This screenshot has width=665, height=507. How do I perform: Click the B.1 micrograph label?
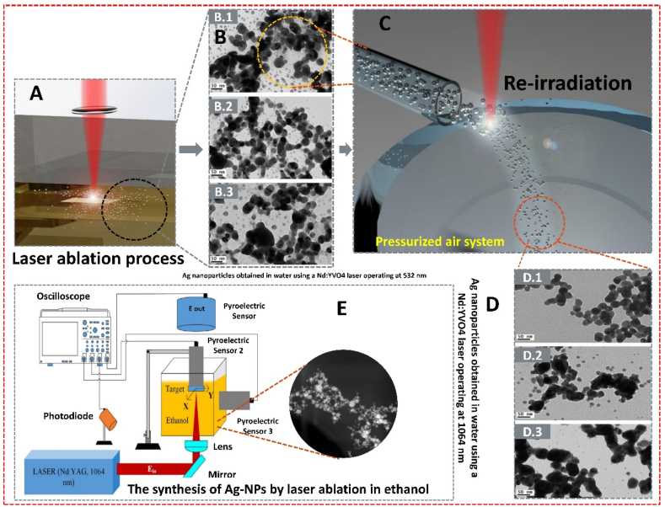pyautogui.click(x=223, y=15)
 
